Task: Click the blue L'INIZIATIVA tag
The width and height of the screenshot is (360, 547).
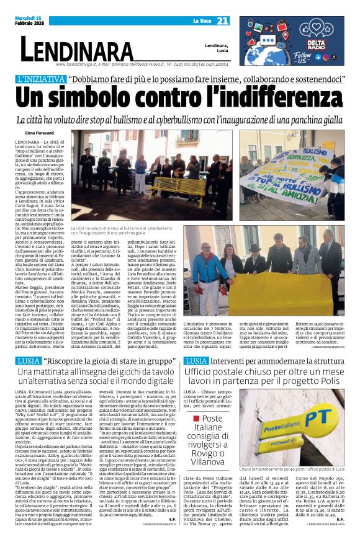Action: (x=50, y=80)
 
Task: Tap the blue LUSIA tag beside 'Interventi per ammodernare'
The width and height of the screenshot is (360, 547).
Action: (x=196, y=343)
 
